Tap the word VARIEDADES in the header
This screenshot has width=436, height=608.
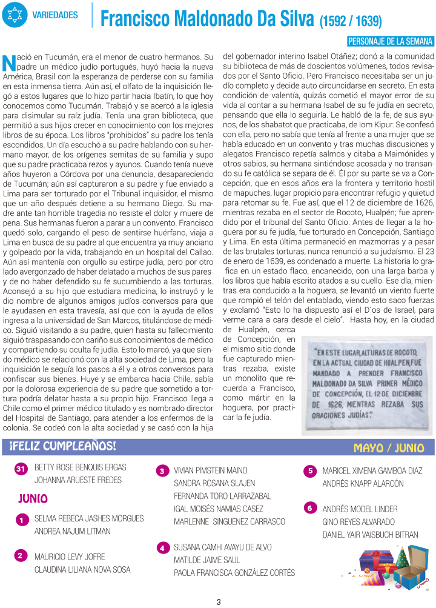(55, 15)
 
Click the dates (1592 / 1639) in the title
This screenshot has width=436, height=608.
(351, 22)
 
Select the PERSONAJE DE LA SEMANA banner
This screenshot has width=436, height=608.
(391, 41)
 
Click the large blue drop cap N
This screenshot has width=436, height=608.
(8, 62)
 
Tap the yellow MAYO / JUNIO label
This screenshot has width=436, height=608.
(389, 448)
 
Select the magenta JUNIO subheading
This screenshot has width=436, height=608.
(33, 498)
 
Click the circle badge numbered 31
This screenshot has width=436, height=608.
(21, 469)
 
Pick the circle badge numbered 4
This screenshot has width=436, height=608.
(162, 548)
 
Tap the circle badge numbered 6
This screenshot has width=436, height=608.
(309, 508)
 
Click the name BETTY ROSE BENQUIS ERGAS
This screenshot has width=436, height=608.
(81, 467)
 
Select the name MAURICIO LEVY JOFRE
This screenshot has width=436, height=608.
(70, 556)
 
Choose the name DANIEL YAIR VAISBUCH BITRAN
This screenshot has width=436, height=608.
(370, 535)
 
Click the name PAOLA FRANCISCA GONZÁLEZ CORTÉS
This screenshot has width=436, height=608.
(234, 573)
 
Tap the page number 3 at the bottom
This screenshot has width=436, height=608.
(218, 601)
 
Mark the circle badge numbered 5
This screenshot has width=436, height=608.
(309, 470)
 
